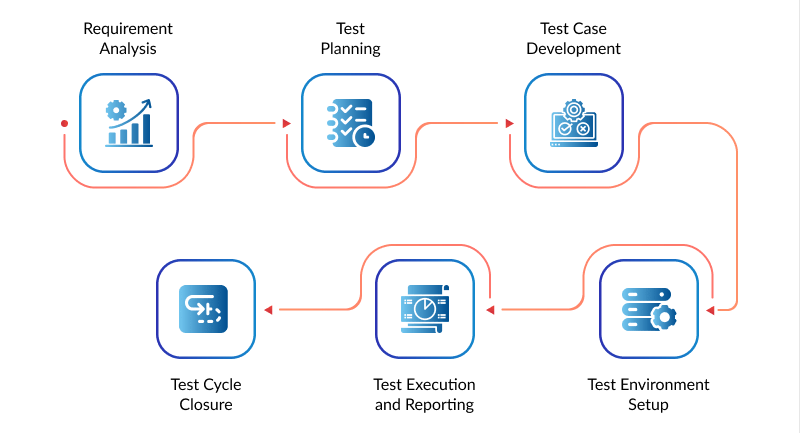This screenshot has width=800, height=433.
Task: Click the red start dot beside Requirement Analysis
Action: coord(64,123)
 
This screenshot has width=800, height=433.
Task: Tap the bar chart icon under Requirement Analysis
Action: coord(129,123)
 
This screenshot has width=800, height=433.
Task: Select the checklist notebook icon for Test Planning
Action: coord(351,123)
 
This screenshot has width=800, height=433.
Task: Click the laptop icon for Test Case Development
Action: coord(574,123)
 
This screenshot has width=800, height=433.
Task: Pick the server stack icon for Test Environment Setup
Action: coord(649,309)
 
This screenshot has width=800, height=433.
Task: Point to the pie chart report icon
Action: coord(425,309)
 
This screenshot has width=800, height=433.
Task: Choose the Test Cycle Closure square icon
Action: coord(204,309)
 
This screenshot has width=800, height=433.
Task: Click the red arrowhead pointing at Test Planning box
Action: coord(287,123)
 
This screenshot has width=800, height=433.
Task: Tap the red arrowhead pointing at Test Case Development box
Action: coord(509,123)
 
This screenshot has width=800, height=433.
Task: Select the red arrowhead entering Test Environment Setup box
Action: coord(710,310)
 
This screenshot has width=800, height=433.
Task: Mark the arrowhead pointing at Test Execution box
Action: coord(490,310)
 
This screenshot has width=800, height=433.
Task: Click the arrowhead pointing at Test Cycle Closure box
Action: coord(268,310)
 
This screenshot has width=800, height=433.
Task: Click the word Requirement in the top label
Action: coord(128,29)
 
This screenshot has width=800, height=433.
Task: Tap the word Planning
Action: coord(351,49)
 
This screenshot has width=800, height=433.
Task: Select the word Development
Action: coord(573,49)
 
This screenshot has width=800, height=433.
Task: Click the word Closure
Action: coord(206,404)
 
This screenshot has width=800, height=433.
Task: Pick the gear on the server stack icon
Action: coord(664,317)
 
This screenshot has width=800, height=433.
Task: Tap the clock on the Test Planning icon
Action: coord(364,137)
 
